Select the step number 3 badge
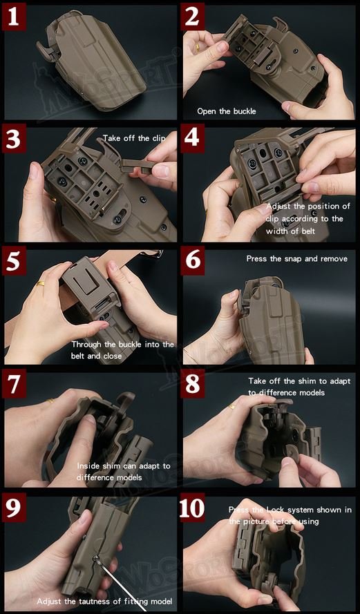tap(14, 140)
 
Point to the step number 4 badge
tap(194, 140)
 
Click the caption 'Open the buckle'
tap(227, 111)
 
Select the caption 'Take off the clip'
tap(134, 139)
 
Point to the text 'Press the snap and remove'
tap(296, 259)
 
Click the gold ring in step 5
tap(41, 284)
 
